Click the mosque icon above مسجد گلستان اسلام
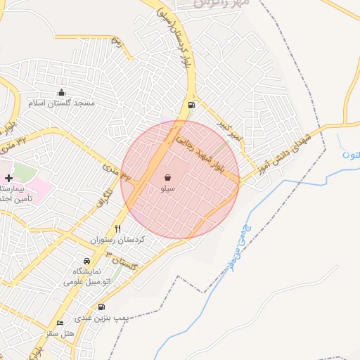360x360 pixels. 61,92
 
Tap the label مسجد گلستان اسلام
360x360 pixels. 61,103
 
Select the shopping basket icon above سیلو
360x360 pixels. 168,178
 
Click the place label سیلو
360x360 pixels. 168,188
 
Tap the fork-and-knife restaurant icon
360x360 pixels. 117,229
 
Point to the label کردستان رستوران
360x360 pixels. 117,240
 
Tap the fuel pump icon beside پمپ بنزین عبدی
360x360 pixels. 102,307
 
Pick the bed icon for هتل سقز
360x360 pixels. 60,322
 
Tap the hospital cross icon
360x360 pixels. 8,179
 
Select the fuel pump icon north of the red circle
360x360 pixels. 191,105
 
